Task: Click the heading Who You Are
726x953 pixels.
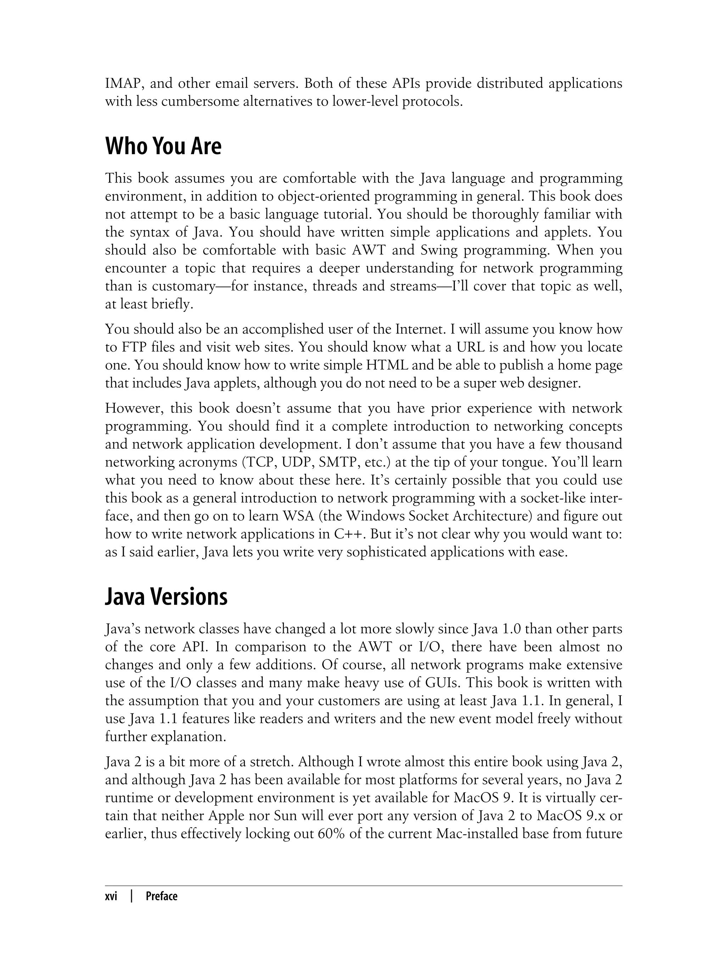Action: (x=163, y=146)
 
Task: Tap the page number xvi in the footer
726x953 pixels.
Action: (x=111, y=896)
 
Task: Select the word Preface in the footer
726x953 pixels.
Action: (x=162, y=896)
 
